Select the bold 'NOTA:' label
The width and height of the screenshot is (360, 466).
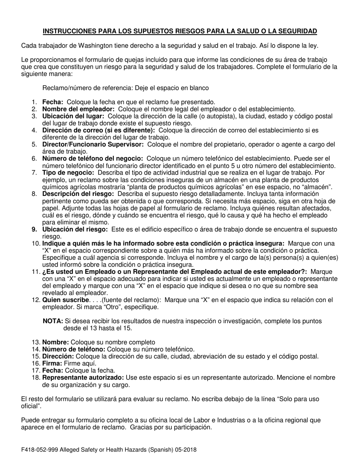(53, 321)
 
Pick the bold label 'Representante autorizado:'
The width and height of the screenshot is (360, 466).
(83, 378)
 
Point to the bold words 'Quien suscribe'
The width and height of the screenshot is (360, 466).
(63, 300)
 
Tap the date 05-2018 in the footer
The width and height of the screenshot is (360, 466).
(185, 450)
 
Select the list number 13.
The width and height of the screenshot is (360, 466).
(35, 342)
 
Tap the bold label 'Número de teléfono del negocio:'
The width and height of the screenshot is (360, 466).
(92, 158)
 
